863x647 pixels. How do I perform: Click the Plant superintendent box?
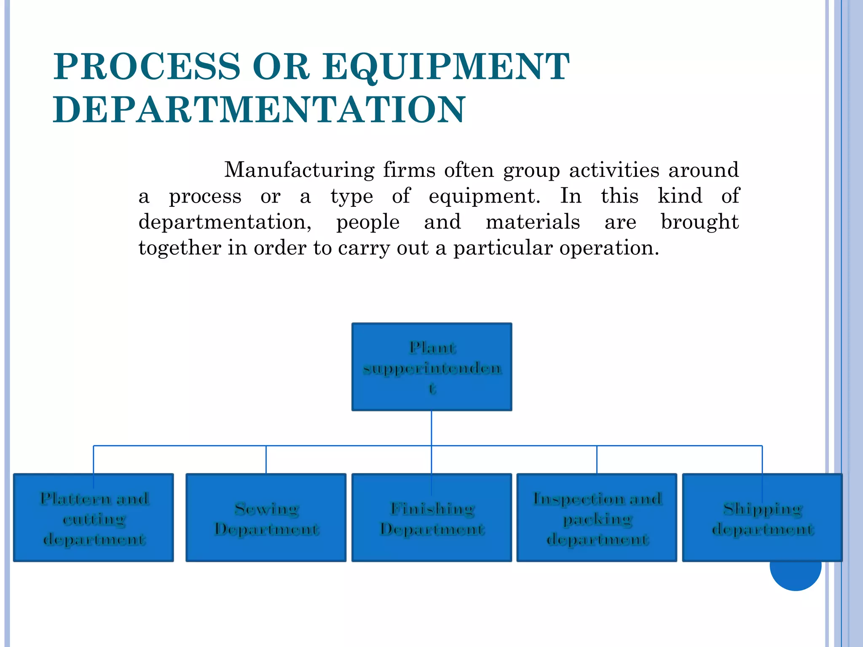click(431, 366)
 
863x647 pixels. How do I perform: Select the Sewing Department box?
click(266, 518)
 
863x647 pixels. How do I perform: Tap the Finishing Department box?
click(431, 518)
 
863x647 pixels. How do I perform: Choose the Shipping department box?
click(762, 518)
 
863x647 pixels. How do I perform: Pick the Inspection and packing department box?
click(597, 518)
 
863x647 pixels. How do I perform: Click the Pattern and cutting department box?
click(93, 518)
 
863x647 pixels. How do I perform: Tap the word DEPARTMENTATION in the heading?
click(259, 110)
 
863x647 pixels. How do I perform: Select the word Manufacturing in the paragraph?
click(299, 170)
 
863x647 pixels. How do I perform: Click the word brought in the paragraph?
click(700, 222)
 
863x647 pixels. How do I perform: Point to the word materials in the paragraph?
click(532, 222)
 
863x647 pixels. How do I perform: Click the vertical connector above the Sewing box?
click(266, 460)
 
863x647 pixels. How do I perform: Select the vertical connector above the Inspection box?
click(597, 460)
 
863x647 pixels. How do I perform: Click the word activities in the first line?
click(614, 170)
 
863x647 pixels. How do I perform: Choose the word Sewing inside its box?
click(267, 508)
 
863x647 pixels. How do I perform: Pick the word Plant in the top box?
click(432, 348)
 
